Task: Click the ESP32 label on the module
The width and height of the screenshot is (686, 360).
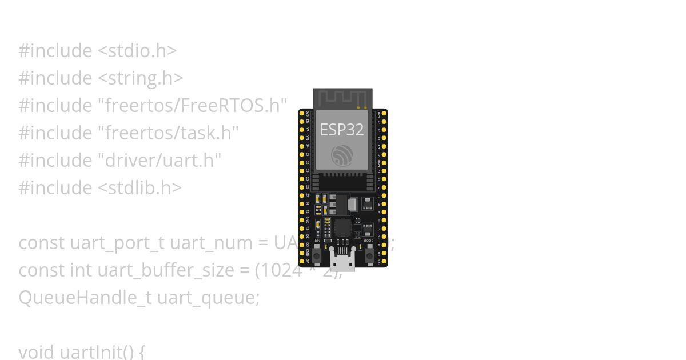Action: (342, 130)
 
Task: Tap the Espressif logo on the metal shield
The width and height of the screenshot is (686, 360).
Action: (342, 155)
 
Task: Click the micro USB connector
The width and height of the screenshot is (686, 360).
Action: (342, 262)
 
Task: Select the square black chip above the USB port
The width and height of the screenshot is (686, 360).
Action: (342, 227)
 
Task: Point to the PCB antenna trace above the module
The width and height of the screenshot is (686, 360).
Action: (342, 98)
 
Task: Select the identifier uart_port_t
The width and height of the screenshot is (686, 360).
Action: (117, 243)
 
